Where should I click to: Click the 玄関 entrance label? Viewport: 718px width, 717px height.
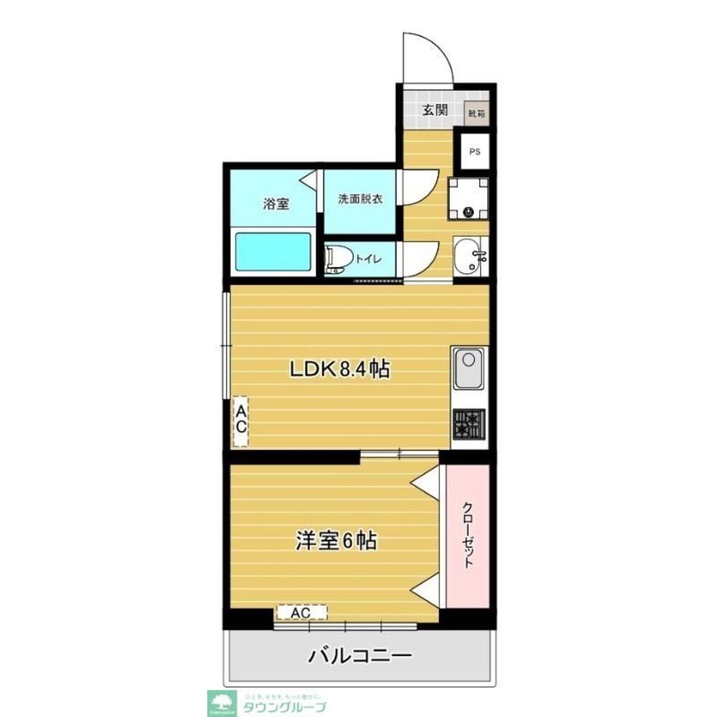435,110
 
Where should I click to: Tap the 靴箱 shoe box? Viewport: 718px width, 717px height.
476,113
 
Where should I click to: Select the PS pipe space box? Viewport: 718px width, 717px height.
474,151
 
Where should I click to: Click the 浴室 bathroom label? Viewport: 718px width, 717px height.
276,204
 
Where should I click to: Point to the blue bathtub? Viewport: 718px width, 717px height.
273,252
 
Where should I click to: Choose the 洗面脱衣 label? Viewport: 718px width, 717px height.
361,199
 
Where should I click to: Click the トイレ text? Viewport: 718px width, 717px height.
369,259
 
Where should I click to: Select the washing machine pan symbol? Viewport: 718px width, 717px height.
468,199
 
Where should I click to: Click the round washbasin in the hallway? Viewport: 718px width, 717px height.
470,256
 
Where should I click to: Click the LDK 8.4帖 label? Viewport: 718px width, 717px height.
339,369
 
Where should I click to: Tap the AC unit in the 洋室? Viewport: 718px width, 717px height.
301,612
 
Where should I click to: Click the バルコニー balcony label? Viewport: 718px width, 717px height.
360,655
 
